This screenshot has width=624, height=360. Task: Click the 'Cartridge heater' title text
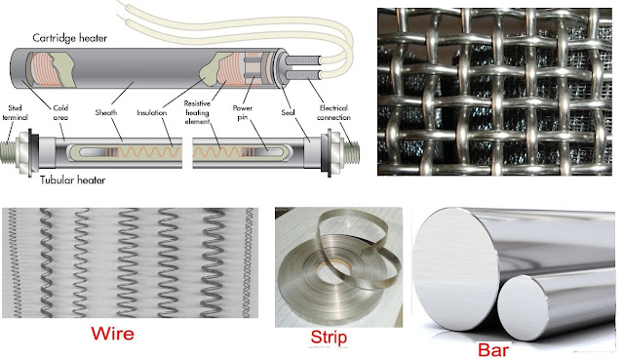69,38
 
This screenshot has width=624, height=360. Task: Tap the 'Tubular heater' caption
73,180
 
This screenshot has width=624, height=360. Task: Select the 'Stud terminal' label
16,112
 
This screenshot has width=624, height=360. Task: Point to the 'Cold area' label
60,112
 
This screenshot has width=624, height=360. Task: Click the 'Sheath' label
106,113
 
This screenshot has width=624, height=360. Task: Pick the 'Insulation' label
152,113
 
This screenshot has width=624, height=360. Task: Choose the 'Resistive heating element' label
197,113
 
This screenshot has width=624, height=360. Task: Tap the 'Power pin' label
243,112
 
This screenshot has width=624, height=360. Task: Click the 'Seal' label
288,113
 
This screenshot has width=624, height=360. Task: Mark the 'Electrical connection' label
333,113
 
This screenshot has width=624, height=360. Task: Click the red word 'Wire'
113,334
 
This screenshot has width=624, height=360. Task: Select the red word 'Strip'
329,338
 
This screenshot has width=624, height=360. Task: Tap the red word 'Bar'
493,349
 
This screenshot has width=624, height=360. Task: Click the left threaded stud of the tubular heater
9,153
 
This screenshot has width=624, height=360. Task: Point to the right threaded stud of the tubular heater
351,153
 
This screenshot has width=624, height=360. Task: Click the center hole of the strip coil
333,268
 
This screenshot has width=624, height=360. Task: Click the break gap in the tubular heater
187,153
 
